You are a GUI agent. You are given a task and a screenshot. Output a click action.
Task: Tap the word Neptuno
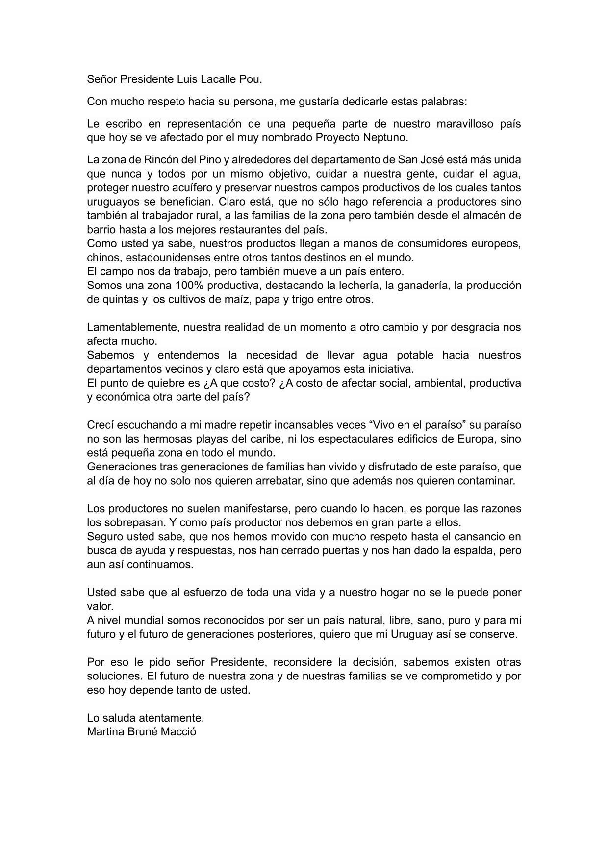pos(387,137)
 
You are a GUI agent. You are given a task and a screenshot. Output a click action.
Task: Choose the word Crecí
pos(100,425)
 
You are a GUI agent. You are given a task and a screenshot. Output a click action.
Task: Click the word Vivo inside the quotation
pos(385,425)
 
